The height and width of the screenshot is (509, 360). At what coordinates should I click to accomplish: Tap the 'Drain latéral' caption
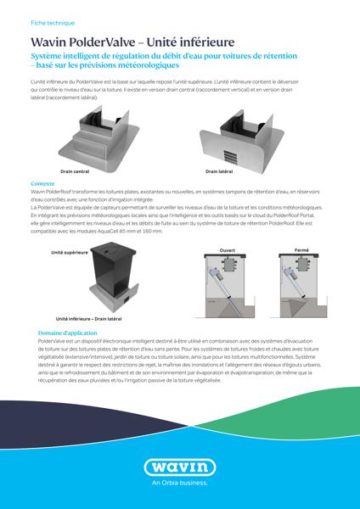219,170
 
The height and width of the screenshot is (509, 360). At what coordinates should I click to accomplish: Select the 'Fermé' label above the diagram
301,250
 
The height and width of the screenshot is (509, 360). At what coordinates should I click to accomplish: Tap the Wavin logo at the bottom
179,467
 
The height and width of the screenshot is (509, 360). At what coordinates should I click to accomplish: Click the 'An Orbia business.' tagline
179,485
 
